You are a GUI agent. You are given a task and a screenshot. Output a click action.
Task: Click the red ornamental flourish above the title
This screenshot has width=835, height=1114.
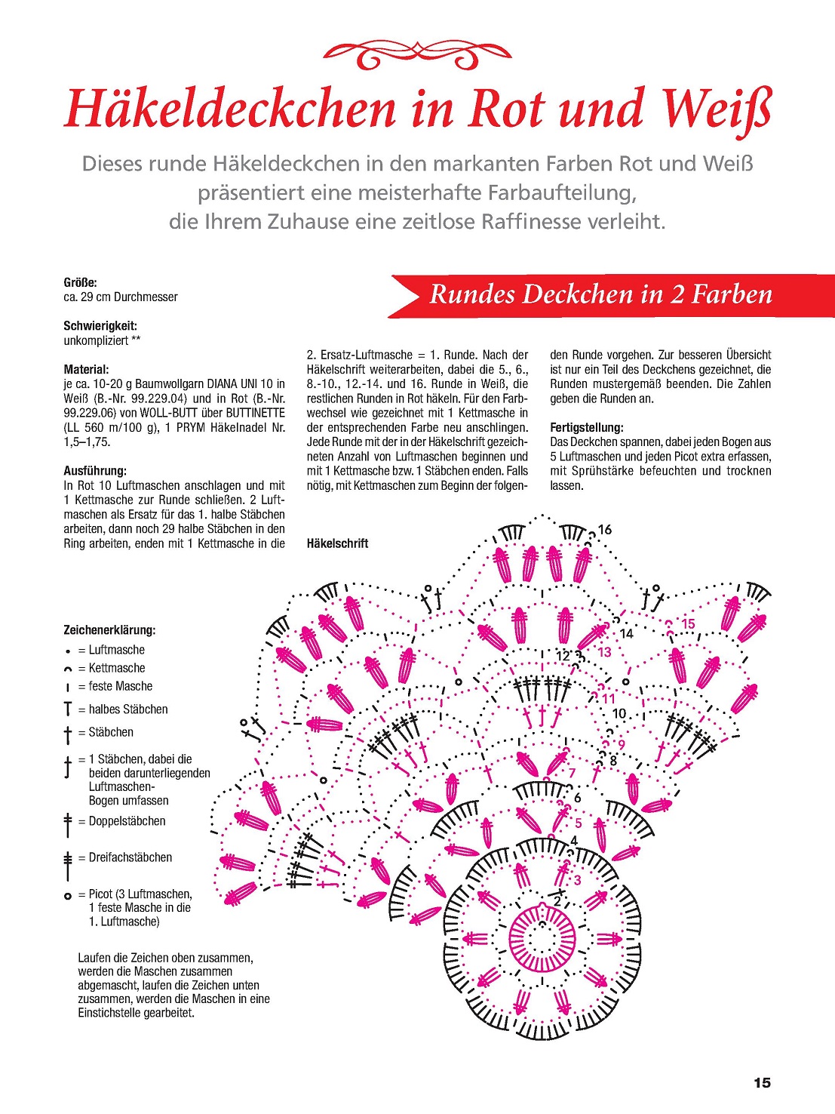tap(417, 54)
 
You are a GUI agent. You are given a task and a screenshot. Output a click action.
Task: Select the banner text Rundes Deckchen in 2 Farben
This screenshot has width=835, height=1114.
tap(601, 294)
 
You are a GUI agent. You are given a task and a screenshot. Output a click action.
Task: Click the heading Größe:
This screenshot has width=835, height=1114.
tap(80, 282)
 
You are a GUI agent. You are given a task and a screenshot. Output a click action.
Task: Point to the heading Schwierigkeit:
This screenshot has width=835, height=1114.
tap(100, 326)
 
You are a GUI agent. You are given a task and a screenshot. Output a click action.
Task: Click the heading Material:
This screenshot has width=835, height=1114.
tap(86, 369)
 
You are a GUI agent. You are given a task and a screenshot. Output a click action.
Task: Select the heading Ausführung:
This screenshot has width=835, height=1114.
tap(95, 471)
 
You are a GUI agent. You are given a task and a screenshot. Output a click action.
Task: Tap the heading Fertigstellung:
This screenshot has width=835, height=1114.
tap(587, 427)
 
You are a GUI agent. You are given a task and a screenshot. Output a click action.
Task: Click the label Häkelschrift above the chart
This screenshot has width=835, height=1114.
tap(337, 543)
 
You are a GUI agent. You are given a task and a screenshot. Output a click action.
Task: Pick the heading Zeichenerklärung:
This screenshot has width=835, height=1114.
tap(109, 629)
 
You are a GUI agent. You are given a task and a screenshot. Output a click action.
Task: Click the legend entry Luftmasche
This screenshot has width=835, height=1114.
tap(116, 650)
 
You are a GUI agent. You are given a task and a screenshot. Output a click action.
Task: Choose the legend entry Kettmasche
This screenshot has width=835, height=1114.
tap(116, 668)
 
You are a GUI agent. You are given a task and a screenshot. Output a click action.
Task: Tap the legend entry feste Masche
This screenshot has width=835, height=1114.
tap(120, 686)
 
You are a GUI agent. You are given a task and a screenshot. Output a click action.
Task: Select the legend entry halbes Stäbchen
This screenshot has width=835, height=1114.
tap(127, 709)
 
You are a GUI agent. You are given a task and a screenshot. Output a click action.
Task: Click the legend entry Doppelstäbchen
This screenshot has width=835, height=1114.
tap(127, 821)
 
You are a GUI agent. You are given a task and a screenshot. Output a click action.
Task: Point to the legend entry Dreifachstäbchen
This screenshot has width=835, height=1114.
tap(130, 857)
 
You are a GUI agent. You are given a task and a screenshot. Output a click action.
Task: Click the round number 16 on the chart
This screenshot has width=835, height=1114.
tap(605, 530)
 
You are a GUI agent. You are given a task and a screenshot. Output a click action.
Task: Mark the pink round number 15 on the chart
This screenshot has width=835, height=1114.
tap(688, 624)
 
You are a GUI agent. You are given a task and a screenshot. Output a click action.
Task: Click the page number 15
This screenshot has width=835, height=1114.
tap(762, 1083)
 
